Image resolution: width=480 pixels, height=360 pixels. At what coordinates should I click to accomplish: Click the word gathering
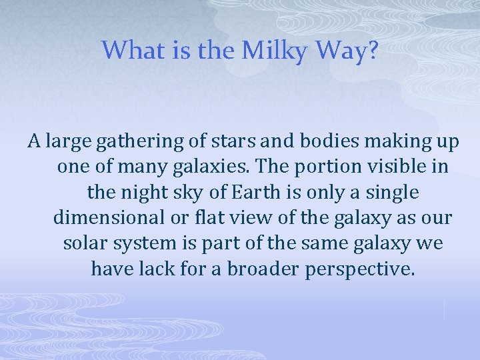tap(129, 141)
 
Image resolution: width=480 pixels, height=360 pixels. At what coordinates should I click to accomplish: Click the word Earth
tap(248, 193)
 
